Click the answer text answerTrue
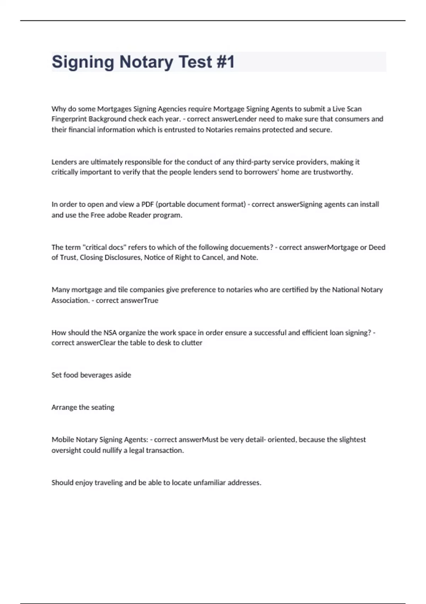coord(138,301)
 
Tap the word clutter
coord(192,343)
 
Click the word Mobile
coord(62,440)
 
